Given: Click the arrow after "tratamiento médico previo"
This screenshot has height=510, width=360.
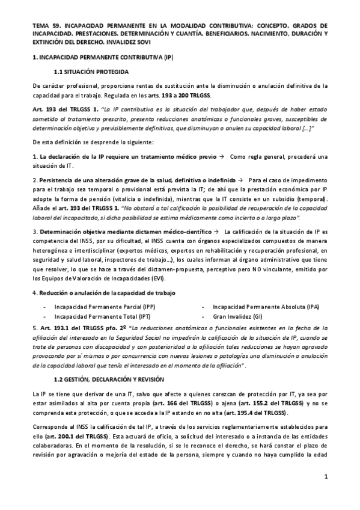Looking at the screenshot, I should (221, 156).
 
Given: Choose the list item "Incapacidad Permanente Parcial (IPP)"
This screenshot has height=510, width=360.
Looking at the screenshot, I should (104, 307).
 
